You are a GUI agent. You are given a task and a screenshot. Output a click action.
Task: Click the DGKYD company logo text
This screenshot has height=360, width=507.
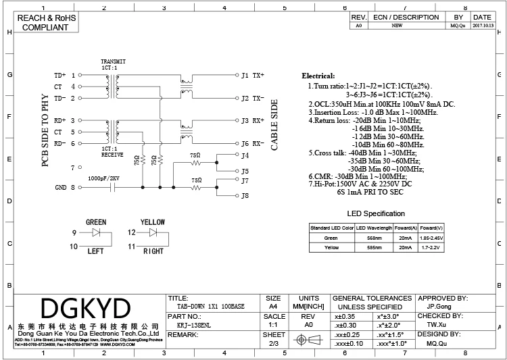coord(85,308)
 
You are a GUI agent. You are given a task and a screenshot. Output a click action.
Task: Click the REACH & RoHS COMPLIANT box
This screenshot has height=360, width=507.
coord(45,22)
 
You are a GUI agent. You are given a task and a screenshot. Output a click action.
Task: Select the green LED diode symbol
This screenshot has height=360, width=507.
coord(96,233)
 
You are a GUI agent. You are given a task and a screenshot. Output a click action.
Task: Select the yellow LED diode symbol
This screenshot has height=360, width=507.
coord(153,233)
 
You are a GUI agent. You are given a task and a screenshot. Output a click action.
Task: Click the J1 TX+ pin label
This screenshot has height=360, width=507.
coord(253,75)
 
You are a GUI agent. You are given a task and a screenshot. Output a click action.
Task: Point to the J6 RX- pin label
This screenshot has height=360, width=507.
coord(253,144)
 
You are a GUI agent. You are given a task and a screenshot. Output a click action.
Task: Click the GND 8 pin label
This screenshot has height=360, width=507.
coord(66,188)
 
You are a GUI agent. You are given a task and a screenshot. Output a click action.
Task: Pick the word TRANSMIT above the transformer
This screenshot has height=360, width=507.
coord(113,61)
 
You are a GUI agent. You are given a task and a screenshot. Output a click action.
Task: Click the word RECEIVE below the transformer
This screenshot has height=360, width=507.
coord(112,155)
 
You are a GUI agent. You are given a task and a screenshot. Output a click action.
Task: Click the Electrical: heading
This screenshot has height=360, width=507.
coord(318,76)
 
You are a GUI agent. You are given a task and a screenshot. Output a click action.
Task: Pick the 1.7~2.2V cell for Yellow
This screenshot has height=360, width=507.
coord(430,248)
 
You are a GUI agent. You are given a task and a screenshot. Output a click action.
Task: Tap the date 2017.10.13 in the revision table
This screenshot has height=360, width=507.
coord(483,25)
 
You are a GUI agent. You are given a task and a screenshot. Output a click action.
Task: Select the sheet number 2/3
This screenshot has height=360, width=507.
coord(274,343)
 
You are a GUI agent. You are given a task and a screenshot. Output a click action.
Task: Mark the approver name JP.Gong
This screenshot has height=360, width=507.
coord(439,306)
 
